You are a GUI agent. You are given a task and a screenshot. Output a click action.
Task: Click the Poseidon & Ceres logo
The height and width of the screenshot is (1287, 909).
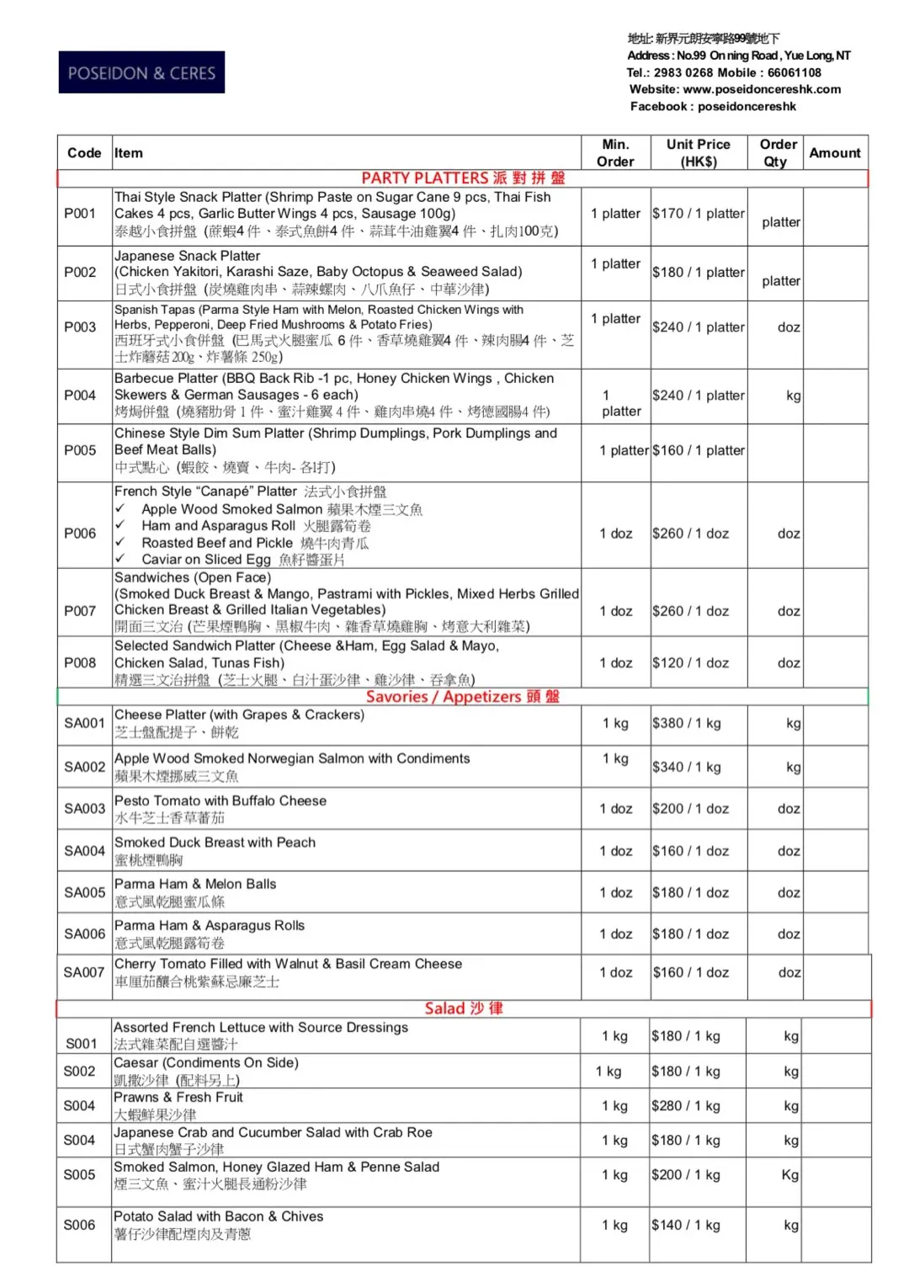(x=141, y=72)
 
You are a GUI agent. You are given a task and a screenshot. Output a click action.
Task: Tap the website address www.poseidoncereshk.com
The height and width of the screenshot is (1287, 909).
(x=761, y=89)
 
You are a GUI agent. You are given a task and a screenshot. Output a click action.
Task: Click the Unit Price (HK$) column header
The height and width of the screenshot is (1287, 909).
(x=698, y=152)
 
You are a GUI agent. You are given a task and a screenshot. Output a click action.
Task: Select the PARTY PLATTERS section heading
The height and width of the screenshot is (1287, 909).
(x=463, y=178)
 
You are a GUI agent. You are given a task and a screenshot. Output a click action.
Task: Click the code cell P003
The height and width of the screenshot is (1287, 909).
(x=80, y=327)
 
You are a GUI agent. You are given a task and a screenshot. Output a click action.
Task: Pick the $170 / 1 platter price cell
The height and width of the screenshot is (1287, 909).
(x=698, y=214)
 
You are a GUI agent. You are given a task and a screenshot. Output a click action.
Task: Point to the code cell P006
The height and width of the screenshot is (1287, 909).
(x=80, y=533)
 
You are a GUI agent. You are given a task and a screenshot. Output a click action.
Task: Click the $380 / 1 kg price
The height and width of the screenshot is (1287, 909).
(x=686, y=723)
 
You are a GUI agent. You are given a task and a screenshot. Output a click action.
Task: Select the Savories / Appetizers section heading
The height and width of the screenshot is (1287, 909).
(x=462, y=696)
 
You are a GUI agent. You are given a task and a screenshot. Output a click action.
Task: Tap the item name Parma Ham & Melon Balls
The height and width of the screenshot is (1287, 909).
(x=195, y=884)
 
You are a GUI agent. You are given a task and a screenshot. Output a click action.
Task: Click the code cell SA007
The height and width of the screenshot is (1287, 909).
(x=84, y=972)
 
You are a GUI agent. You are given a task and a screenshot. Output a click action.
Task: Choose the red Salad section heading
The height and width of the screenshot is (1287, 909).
(x=463, y=1008)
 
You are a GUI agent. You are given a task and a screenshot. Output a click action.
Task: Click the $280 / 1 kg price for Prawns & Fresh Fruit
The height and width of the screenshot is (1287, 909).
(x=685, y=1105)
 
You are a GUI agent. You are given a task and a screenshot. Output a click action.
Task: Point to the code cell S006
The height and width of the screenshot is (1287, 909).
(x=80, y=1225)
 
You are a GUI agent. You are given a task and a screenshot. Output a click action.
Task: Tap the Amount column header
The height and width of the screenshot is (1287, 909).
(x=834, y=152)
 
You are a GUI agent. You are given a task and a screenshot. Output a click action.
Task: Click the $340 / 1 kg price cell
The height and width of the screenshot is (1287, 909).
(x=686, y=767)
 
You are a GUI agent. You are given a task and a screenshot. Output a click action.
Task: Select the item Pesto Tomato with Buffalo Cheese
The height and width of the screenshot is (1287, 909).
(x=221, y=800)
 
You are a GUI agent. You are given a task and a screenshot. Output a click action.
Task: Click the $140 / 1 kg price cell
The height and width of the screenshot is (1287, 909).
(x=685, y=1225)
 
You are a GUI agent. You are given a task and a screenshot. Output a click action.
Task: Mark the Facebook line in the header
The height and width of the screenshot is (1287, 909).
(x=713, y=106)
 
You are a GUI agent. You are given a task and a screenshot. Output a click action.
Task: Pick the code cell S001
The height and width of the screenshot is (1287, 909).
(x=82, y=1044)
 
